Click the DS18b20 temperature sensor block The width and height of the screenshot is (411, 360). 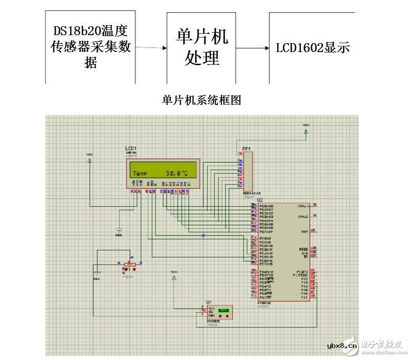(90, 47)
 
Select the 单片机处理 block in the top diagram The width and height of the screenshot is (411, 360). (202, 47)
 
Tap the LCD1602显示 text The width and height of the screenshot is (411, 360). (312, 47)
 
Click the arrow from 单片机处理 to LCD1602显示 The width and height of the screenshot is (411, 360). (252, 48)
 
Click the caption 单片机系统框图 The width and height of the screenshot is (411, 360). (202, 100)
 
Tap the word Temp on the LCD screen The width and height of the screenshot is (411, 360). (140, 173)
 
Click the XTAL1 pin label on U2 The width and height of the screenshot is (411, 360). (303, 206)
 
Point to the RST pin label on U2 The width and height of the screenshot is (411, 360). (304, 232)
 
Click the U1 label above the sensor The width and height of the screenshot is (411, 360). (208, 301)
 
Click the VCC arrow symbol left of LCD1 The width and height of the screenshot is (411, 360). (90, 159)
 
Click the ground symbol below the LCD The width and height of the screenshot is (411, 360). (119, 230)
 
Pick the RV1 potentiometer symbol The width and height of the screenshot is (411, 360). (129, 268)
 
